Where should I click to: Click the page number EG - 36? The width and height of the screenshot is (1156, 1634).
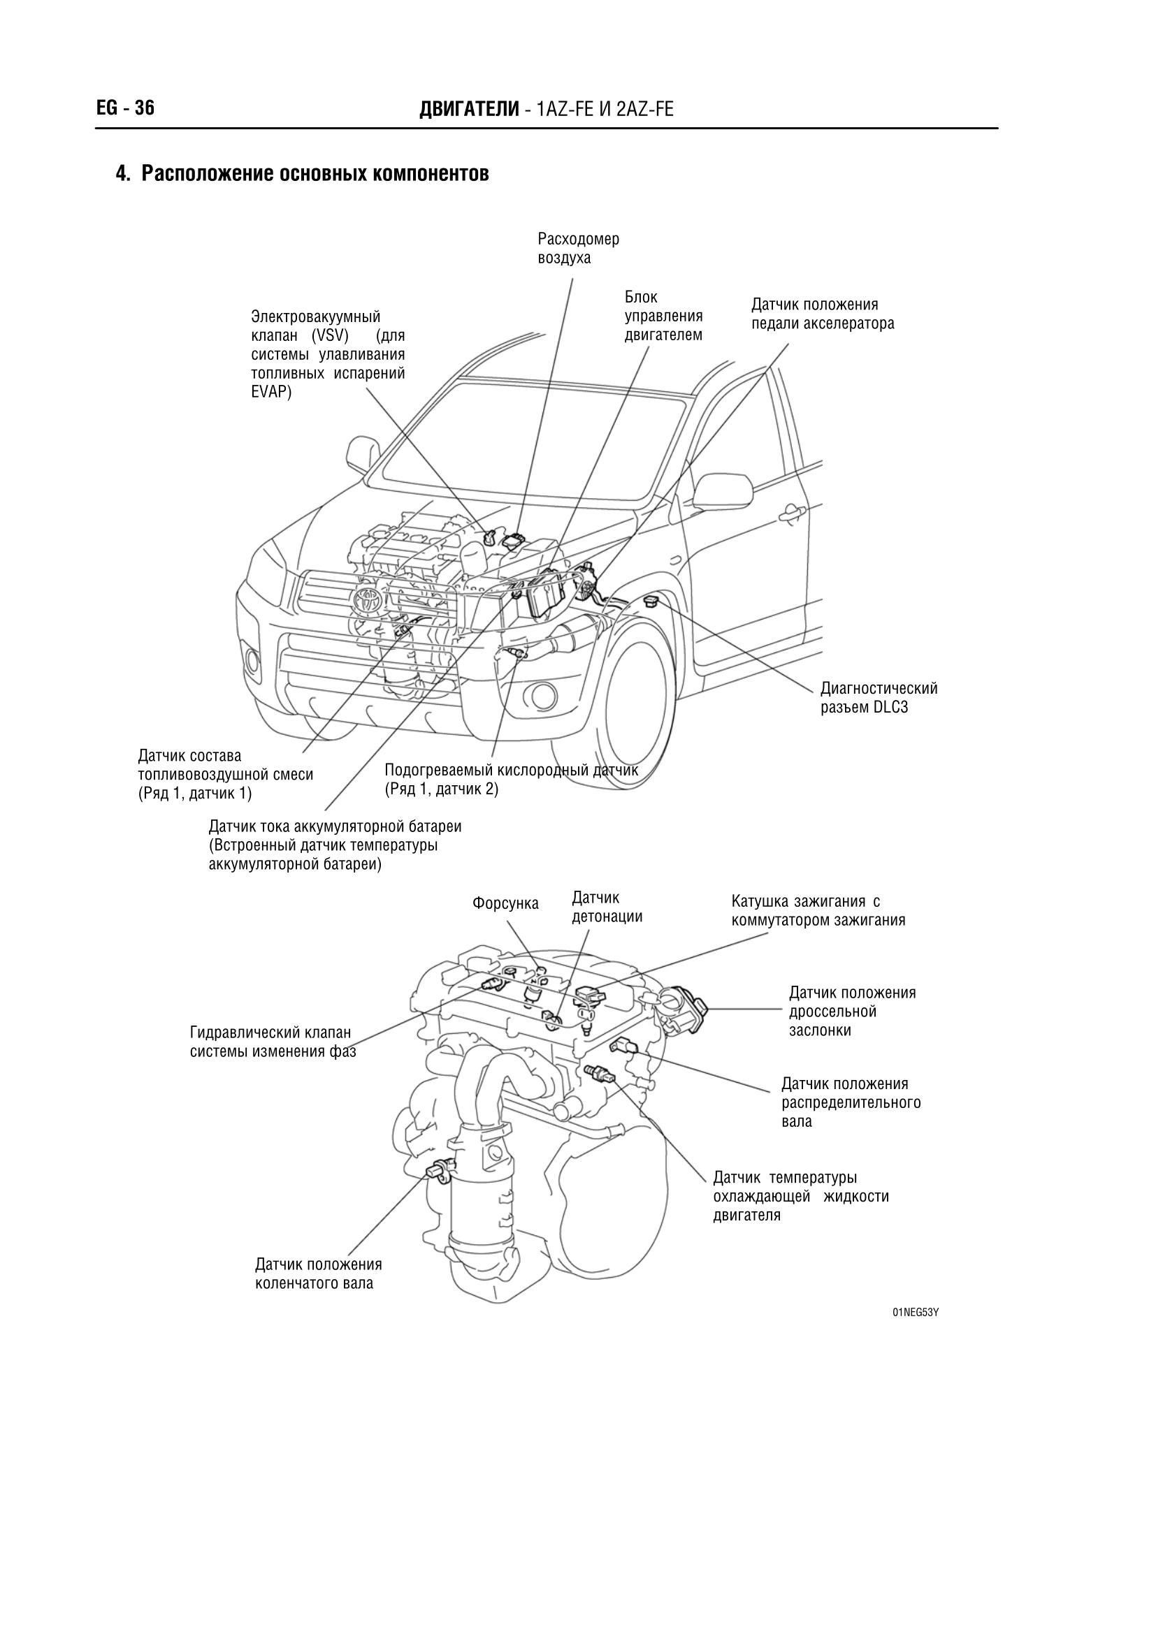(125, 108)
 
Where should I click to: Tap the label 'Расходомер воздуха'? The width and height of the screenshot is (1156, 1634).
(578, 249)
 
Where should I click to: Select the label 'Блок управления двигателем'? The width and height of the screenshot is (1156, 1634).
(663, 316)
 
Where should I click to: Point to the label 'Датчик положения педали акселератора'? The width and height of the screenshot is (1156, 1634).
(822, 314)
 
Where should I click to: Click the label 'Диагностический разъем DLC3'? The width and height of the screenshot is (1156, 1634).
(879, 698)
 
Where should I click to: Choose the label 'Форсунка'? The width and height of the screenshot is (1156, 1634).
(505, 904)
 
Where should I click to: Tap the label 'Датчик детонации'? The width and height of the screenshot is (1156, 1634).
(607, 907)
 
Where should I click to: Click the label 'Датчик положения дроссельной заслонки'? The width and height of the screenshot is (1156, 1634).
(851, 1012)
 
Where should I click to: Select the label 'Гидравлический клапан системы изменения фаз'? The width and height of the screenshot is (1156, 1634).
(272, 1042)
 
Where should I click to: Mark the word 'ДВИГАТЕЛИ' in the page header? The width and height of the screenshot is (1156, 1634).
(469, 109)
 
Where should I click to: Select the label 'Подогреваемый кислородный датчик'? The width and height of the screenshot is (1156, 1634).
(511, 769)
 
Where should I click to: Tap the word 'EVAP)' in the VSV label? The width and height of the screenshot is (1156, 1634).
(271, 393)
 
